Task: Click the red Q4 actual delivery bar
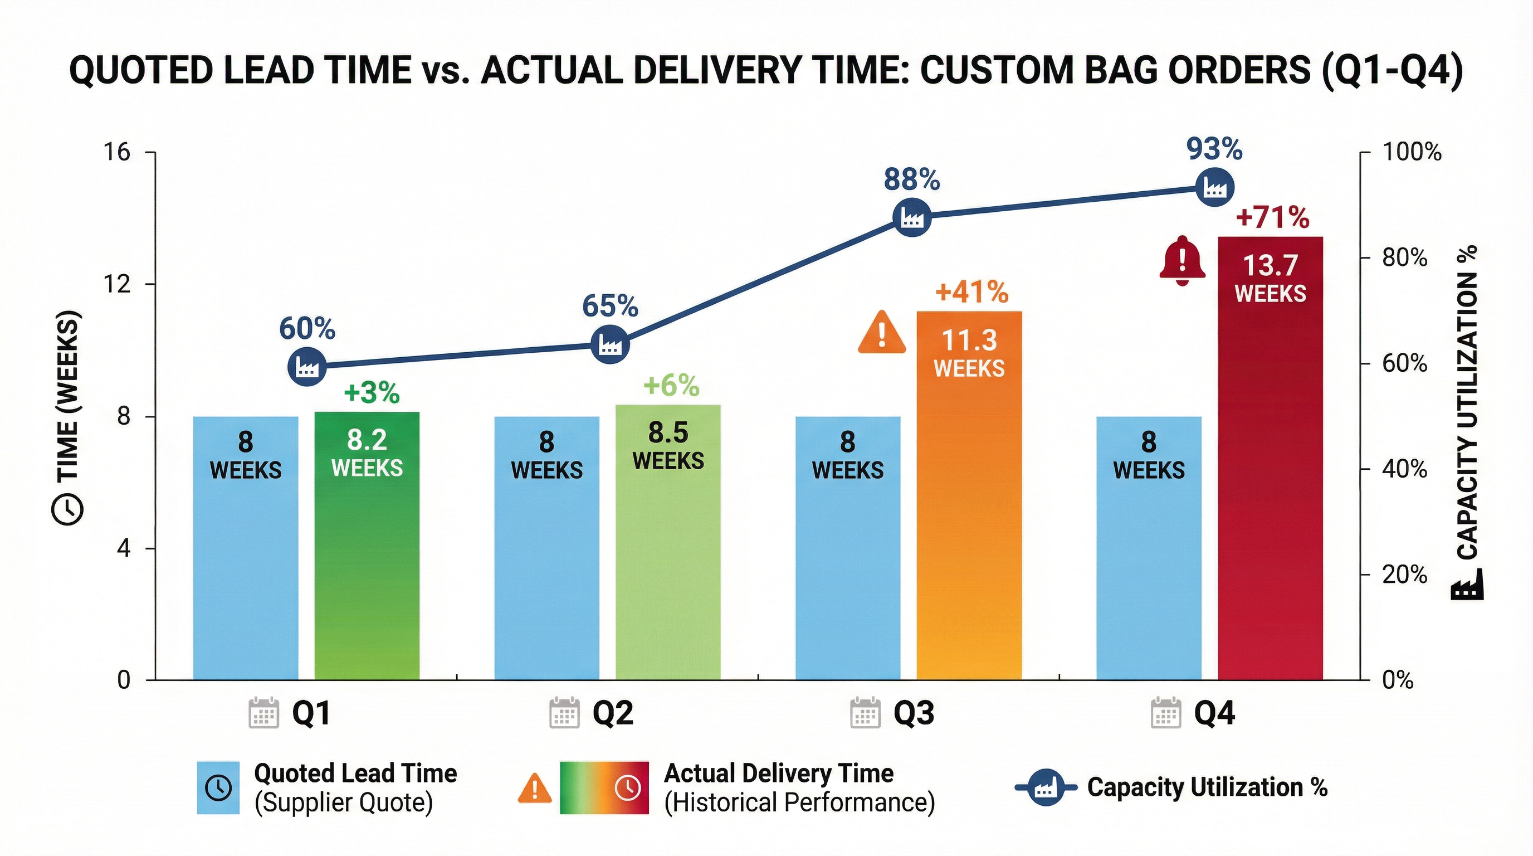[1270, 476]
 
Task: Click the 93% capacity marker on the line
[1214, 187]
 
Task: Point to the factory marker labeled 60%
[307, 367]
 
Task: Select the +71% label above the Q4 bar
[1272, 217]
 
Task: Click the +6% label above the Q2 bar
[671, 386]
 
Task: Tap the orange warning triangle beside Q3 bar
[882, 333]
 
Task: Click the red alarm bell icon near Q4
[1183, 261]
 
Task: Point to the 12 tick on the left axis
[116, 284]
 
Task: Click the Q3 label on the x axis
[914, 713]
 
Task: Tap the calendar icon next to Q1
[263, 713]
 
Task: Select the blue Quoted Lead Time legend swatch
[218, 787]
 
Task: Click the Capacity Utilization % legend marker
[1046, 787]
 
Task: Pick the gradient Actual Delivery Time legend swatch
[603, 787]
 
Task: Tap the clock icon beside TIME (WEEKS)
[68, 509]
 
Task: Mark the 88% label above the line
[912, 179]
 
